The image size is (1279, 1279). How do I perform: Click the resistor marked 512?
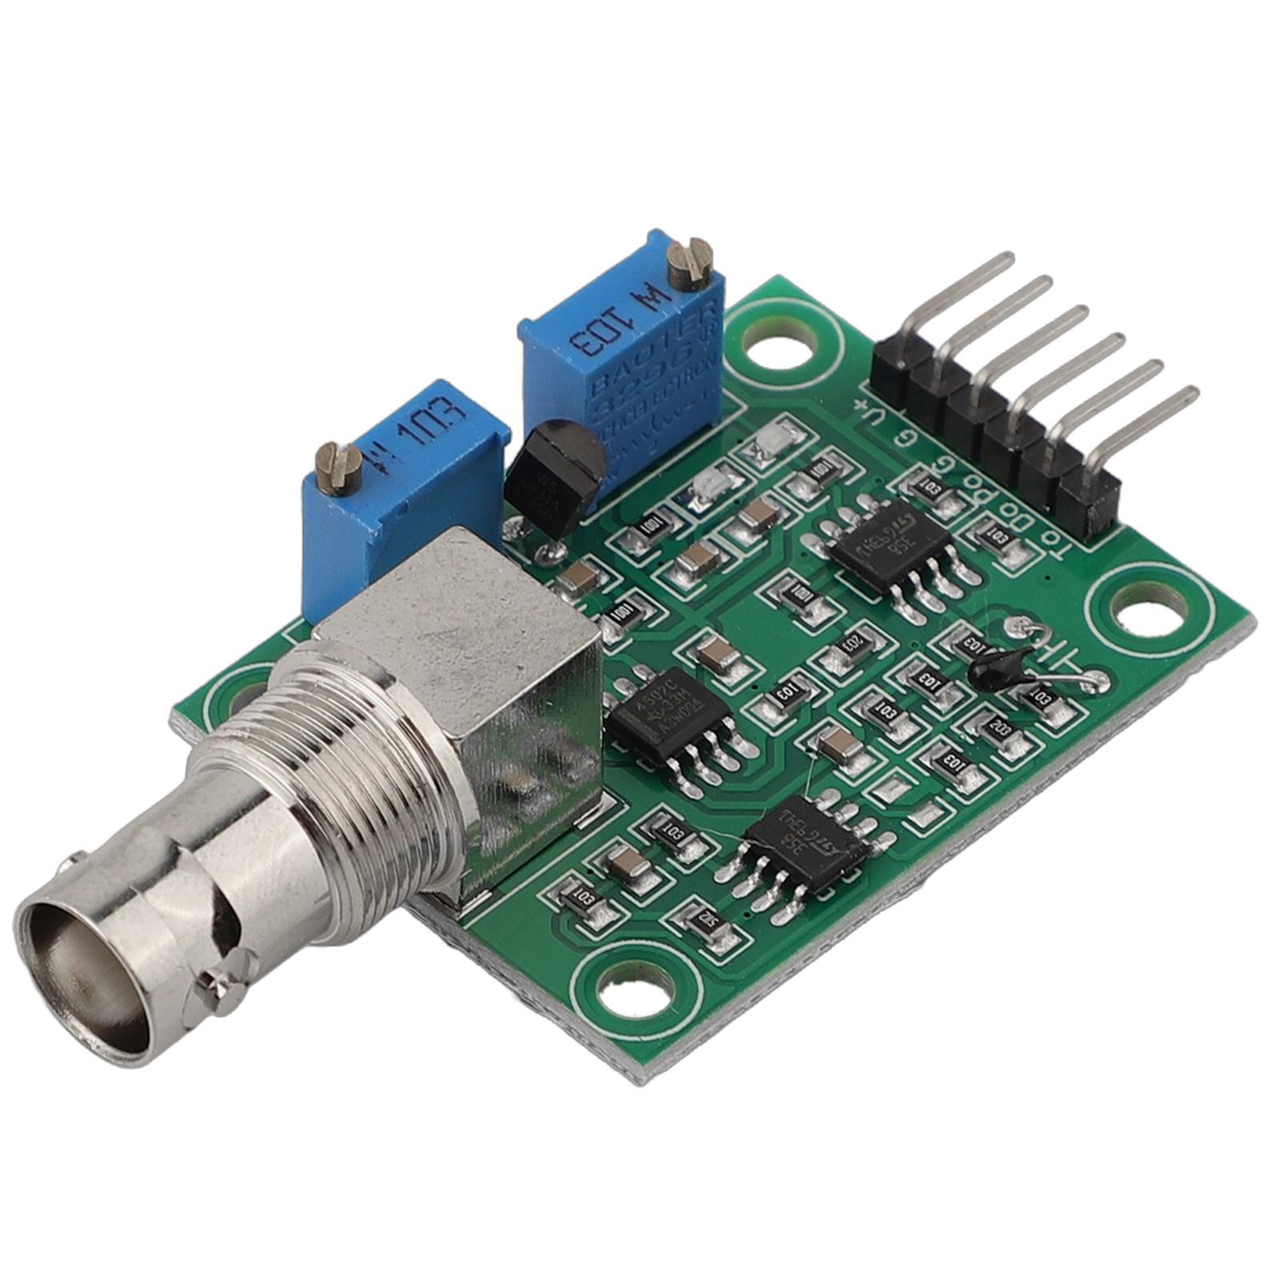(x=705, y=921)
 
